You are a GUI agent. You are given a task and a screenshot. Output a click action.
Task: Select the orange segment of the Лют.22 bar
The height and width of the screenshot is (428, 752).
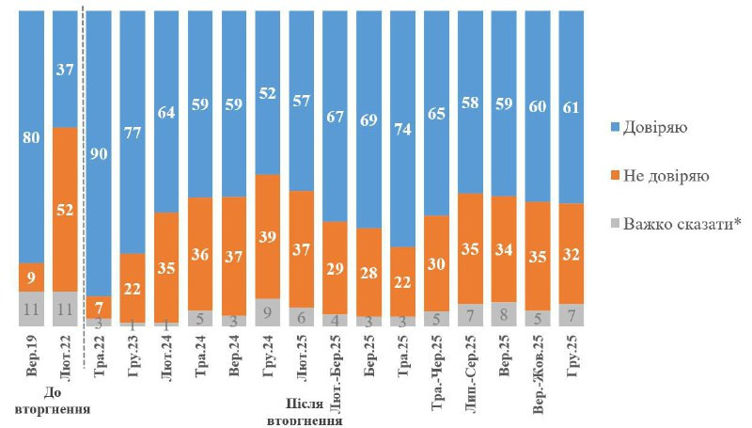[x=66, y=209]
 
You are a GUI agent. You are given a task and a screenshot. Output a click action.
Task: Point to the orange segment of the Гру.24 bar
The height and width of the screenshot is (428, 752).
[x=268, y=236]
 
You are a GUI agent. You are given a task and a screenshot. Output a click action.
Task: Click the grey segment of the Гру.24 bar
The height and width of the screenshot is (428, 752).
[x=268, y=312]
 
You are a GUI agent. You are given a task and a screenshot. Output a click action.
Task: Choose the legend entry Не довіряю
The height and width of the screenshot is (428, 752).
[x=665, y=175]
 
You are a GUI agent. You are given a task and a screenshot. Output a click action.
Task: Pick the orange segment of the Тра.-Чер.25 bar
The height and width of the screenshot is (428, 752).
[x=435, y=263]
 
